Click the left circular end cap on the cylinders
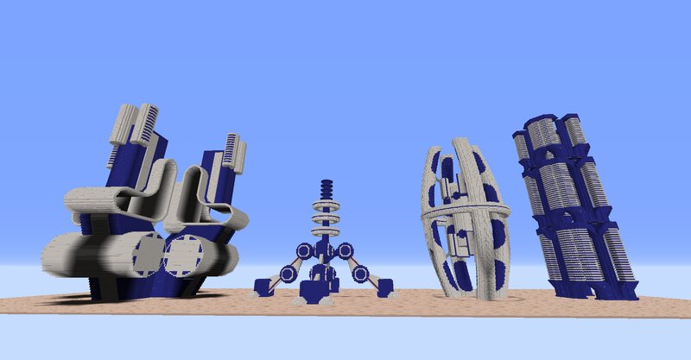(x=148, y=256)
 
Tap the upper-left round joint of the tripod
(x=303, y=251)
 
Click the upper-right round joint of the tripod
(x=345, y=251)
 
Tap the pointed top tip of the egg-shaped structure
(x=458, y=144)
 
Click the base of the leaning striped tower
(x=605, y=292)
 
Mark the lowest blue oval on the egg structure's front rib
(x=464, y=275)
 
